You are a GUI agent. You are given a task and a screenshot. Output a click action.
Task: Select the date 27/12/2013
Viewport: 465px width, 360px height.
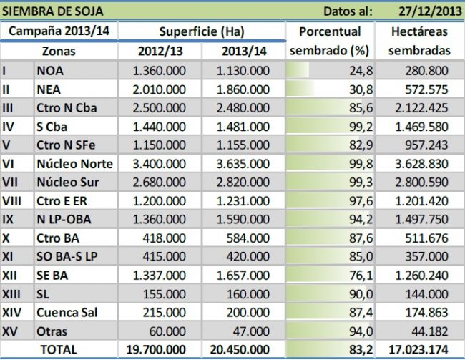click(x=428, y=10)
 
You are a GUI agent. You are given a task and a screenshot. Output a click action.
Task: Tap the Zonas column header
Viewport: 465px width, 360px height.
click(x=59, y=52)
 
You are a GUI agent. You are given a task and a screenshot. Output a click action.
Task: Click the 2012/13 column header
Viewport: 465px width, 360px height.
click(x=160, y=52)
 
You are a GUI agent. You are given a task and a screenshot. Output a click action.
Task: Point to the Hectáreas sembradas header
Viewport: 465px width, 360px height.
click(x=420, y=42)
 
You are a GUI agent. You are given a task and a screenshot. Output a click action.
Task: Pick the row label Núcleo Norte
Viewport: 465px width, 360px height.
click(x=74, y=163)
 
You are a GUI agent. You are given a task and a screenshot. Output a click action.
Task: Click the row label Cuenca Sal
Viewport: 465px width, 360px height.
click(x=67, y=312)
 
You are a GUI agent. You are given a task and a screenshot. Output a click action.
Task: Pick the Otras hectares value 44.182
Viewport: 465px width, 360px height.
click(x=430, y=331)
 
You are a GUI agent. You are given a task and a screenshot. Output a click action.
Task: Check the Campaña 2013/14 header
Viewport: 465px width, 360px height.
click(x=59, y=32)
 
